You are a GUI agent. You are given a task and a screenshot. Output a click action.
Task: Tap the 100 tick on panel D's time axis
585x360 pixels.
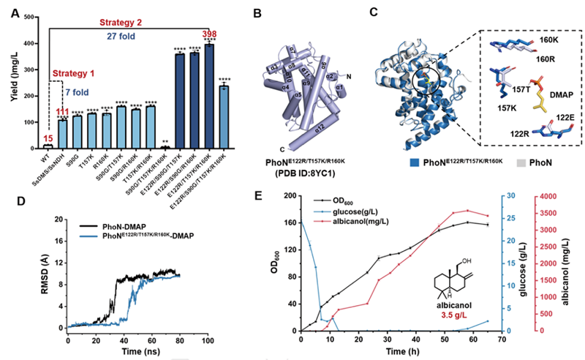[208, 340]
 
